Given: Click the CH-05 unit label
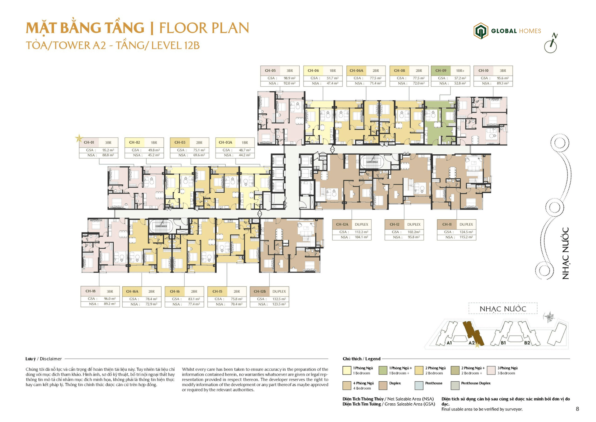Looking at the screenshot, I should (270, 71).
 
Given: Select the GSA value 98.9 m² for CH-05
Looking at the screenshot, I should (289, 78).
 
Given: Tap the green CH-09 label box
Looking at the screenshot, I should (440, 71).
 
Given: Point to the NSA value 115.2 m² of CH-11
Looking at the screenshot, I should (466, 237).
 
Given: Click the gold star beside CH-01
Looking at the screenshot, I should (79, 138).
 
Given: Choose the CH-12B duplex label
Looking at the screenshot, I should (260, 291).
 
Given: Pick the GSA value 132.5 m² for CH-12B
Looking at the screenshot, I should (279, 299).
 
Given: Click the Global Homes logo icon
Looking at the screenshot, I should (481, 31).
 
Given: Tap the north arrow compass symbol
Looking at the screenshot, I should (551, 43).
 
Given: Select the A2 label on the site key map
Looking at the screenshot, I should (471, 343).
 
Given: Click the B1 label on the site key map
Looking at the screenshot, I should (503, 343).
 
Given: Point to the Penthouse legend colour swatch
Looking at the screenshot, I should (419, 385).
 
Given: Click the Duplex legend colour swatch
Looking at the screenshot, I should (383, 385).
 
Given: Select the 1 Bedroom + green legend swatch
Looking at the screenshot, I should (383, 370).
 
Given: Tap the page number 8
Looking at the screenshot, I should (577, 409).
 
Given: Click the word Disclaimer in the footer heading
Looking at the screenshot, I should (51, 359).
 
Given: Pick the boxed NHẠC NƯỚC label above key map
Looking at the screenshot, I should (503, 309).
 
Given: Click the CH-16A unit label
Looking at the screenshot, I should (132, 291).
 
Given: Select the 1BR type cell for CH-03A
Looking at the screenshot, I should (245, 143).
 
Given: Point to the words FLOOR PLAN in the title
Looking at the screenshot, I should (204, 28).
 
